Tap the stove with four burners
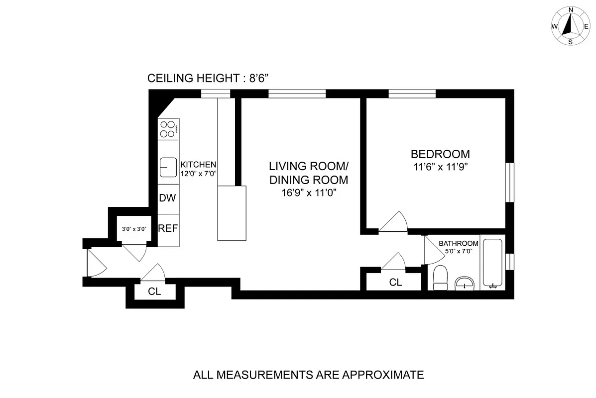pos(168,128)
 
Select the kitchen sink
pos(168,167)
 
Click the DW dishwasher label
pos(168,198)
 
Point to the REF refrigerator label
pos(168,229)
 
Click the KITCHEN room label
pos(198,165)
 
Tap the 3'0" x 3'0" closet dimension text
pos(134,229)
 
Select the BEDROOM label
pos(440,154)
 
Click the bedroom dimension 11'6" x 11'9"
pos(440,167)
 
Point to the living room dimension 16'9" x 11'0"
pos(309,193)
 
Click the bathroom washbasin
pos(466,283)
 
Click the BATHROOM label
pos(459,243)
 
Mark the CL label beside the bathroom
pos(395,283)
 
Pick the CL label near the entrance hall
pos(155,292)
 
